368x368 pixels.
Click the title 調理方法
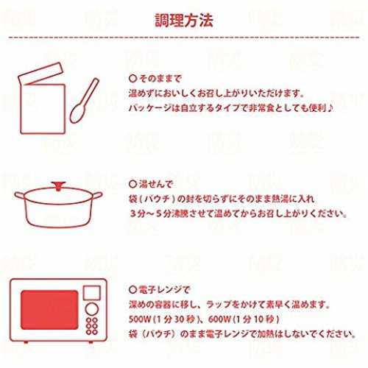point(184,20)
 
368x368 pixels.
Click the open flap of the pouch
point(40,74)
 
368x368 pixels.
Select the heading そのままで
point(160,79)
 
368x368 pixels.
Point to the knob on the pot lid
point(58,185)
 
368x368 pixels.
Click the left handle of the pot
point(20,196)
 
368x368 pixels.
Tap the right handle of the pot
point(97,196)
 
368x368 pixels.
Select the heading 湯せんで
point(156,184)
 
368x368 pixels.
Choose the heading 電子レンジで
point(164,290)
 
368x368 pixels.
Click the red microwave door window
point(49,310)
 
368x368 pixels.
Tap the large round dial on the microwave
point(92,309)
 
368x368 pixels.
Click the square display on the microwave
point(92,293)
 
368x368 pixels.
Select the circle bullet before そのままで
point(132,79)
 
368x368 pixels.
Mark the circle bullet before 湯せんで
point(132,184)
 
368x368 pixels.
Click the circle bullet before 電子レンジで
point(132,290)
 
